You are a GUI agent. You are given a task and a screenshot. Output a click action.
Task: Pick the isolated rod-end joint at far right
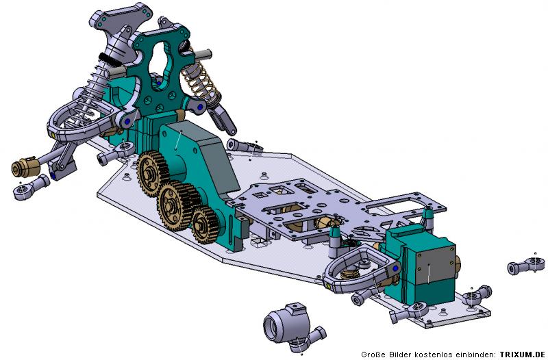(526, 266)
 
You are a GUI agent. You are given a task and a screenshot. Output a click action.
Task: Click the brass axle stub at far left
(25, 167)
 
